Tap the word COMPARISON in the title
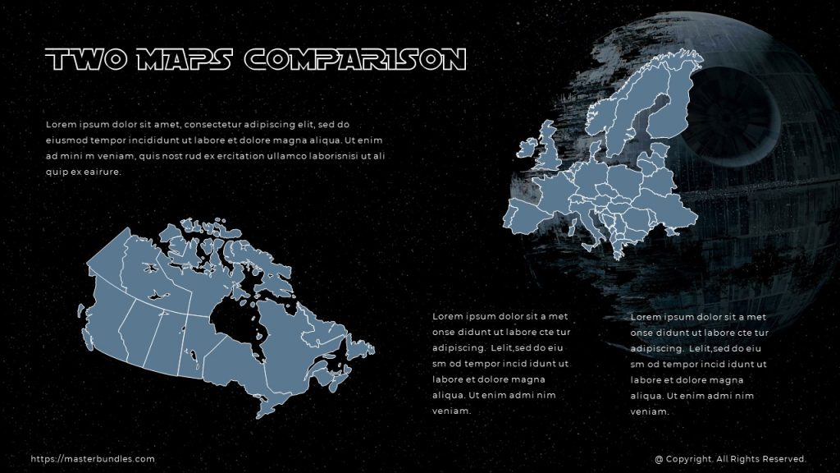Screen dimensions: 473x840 click(356, 60)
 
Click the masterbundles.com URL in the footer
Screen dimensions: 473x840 click(93, 460)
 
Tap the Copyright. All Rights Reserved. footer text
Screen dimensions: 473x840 click(731, 460)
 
